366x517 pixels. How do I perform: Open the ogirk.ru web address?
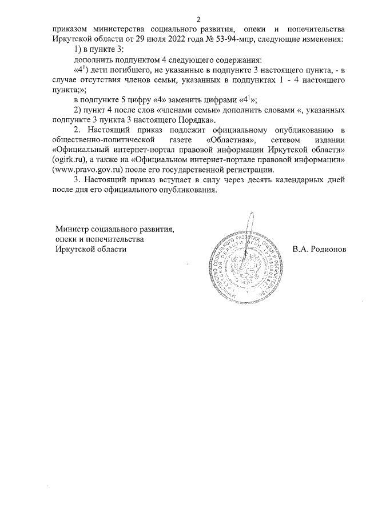70,159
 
